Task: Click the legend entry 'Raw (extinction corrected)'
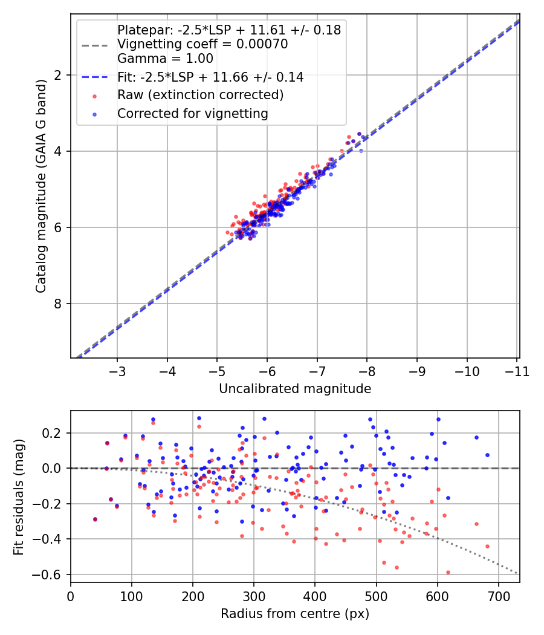(200, 95)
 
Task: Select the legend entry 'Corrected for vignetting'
(192, 113)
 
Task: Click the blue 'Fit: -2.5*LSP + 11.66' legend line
(96, 77)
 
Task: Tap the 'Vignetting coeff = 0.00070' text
(202, 44)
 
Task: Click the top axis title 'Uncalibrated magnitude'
(295, 388)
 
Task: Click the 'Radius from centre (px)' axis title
(295, 614)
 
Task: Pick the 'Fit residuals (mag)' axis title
(19, 497)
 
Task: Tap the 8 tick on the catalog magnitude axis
(58, 304)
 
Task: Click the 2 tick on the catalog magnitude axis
(58, 75)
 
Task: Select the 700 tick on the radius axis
(498, 596)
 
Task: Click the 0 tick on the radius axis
(71, 596)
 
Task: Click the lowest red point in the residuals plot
(448, 572)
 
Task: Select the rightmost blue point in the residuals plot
(487, 455)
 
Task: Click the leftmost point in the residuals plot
(95, 519)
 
